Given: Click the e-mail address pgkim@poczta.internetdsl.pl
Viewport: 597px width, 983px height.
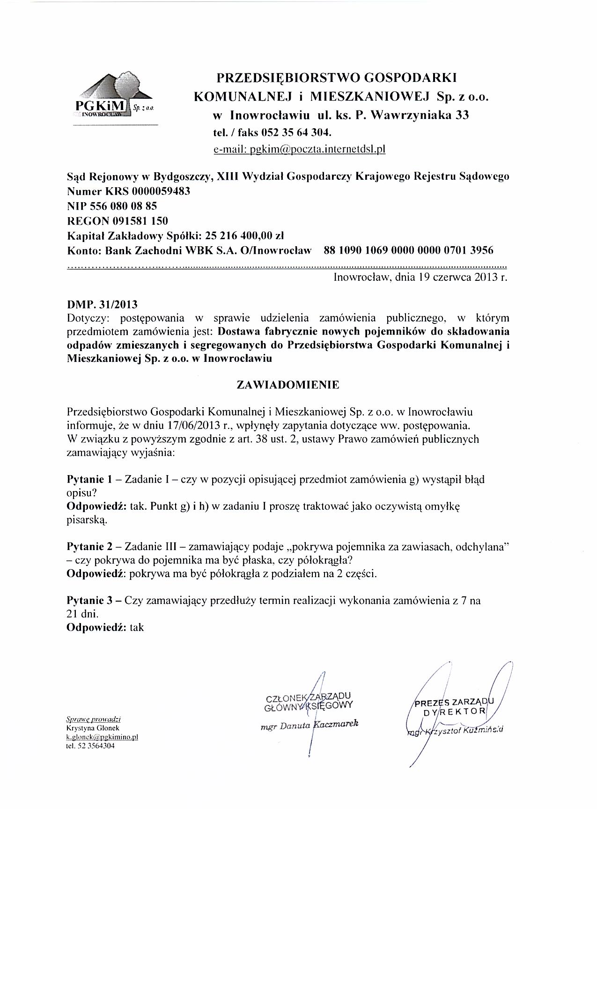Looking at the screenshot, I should coord(299,149).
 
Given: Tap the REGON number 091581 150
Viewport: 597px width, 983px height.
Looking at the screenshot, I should coord(141,220).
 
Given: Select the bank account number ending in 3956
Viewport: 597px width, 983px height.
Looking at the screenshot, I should coord(408,250).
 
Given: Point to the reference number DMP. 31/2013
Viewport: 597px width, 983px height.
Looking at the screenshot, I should coord(103,305).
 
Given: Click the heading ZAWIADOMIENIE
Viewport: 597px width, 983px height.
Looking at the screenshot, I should coord(288,385).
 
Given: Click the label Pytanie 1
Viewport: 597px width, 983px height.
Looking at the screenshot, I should coord(90,479).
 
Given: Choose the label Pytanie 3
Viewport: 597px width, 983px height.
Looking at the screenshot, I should coord(90,600).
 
